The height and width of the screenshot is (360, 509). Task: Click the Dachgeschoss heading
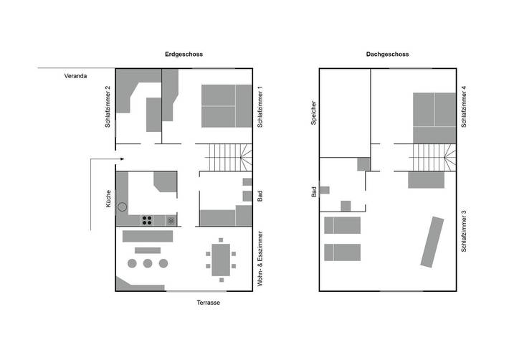(x=387, y=55)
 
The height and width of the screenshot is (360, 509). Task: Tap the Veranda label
(x=75, y=75)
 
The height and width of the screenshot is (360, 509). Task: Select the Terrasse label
(x=208, y=303)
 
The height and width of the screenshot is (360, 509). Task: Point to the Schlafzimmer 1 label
(x=260, y=106)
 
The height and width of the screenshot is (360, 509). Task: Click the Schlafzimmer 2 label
(x=107, y=106)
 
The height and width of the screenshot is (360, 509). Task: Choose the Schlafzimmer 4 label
(x=464, y=106)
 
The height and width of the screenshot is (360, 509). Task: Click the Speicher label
(x=313, y=113)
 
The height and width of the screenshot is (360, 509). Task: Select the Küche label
(x=107, y=198)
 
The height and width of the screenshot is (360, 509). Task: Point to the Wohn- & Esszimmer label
(x=260, y=259)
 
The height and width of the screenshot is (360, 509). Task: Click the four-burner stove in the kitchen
(x=148, y=220)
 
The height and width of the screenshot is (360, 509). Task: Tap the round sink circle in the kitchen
(x=123, y=207)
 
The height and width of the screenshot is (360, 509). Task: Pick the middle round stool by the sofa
(x=148, y=263)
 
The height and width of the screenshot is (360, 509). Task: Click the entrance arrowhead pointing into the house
(x=123, y=159)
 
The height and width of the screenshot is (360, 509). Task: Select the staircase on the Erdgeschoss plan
(x=225, y=156)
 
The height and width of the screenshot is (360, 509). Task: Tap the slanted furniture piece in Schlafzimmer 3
(x=432, y=242)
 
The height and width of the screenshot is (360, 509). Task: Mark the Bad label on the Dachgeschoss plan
(x=313, y=191)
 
